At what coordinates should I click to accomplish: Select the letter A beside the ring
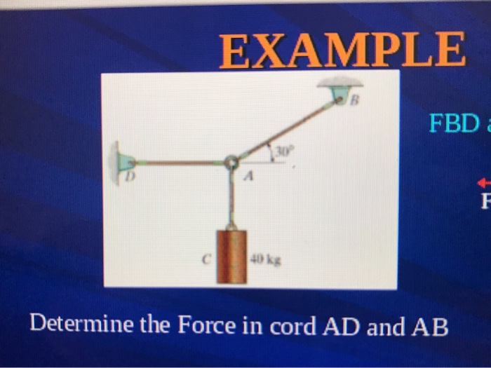coord(247,179)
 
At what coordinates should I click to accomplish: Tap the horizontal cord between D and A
coord(179,163)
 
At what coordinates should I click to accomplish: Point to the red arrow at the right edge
coord(483,180)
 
